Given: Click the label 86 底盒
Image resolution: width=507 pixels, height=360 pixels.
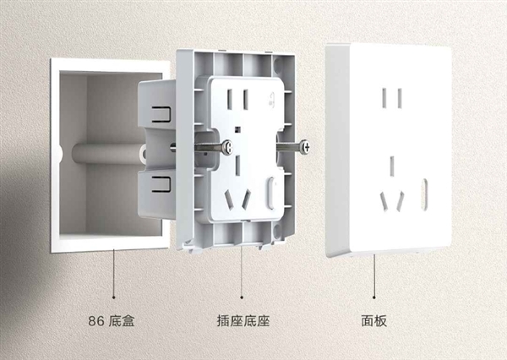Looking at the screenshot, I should coord(112,322).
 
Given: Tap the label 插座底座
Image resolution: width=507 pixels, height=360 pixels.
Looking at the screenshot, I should coord(243,322).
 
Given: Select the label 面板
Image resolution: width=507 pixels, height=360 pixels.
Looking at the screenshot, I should coord(373,322).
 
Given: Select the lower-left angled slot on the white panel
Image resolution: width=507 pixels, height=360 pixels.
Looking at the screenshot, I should coord(384,202).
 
